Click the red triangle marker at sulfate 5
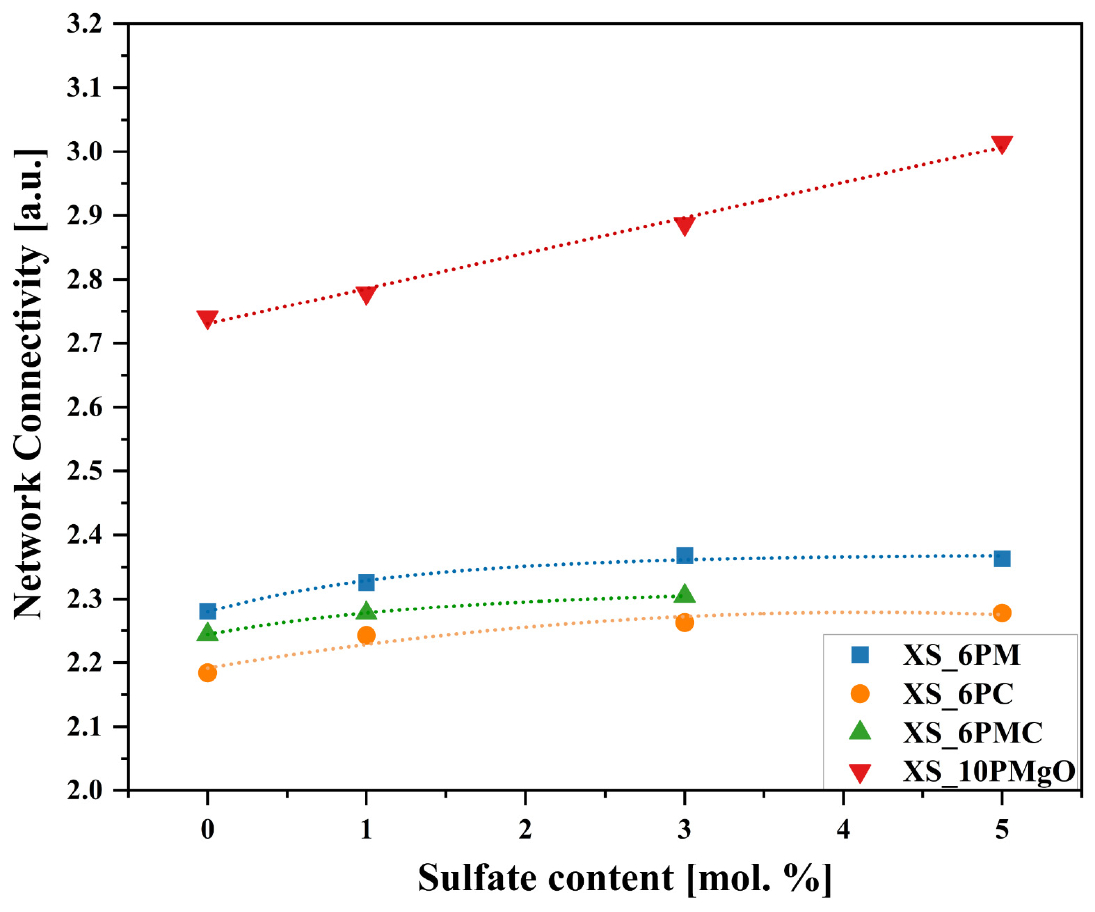tap(1002, 144)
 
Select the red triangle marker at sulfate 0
tap(207, 319)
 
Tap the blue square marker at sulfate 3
tap(684, 555)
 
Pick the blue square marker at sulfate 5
tap(1002, 559)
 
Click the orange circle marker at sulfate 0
tap(207, 673)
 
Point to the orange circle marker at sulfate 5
tap(1002, 613)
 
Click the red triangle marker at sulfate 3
tap(684, 225)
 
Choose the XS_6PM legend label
tap(961, 655)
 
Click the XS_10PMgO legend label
tap(988, 771)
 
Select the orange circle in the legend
tap(860, 694)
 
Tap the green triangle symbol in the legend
tap(860, 731)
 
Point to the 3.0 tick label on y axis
tap(84, 152)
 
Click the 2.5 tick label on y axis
tap(84, 471)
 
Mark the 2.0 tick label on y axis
tap(84, 790)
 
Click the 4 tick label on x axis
tap(843, 829)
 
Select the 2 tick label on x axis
tap(525, 829)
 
